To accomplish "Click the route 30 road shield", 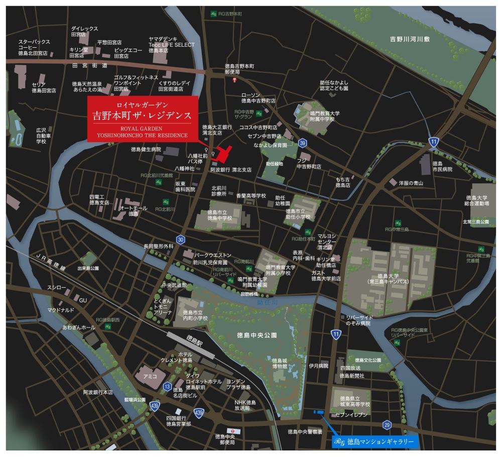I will [181, 239].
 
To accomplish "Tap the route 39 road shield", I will [302, 143].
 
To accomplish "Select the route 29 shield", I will [386, 424].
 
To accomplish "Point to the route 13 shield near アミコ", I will [167, 386].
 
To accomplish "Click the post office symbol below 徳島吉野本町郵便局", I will [233, 80].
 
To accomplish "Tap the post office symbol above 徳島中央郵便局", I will [230, 431].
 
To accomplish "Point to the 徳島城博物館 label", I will [280, 364].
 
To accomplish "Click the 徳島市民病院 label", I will [442, 166].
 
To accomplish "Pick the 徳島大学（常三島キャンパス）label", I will [388, 279].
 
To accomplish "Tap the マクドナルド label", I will [61, 310].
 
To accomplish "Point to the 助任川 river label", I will [267, 303].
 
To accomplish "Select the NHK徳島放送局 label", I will [245, 405].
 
